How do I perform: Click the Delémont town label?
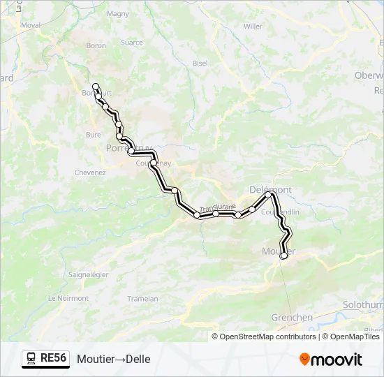tap(270, 189)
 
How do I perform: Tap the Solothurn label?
tap(363, 305)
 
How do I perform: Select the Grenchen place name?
tap(291, 318)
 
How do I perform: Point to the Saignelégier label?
tap(88, 274)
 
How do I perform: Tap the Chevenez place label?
tap(89, 172)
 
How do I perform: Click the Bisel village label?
tap(200, 63)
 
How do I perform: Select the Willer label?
tap(253, 27)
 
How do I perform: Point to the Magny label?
tap(118, 13)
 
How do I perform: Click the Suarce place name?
tap(131, 43)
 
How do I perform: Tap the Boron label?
tap(96, 46)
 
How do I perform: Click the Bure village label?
tap(93, 135)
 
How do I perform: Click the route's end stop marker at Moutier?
tap(283, 256)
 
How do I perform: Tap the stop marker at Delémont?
tap(268, 195)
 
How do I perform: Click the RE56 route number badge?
tap(45, 358)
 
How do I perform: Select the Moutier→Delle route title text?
tap(114, 359)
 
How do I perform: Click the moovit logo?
tap(331, 359)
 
